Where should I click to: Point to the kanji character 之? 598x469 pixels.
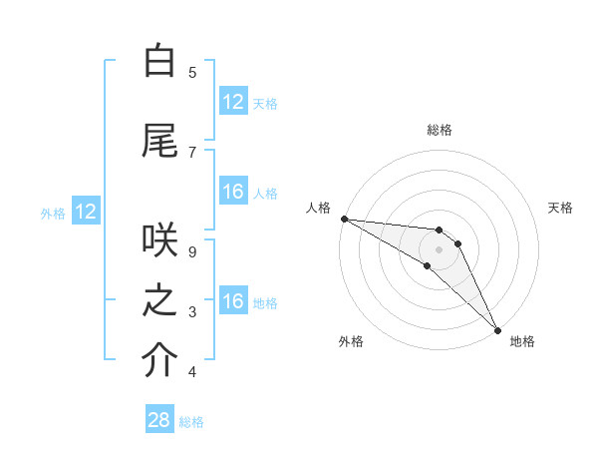[159, 302]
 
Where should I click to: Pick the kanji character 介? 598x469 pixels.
[159, 362]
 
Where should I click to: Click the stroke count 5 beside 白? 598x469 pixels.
[192, 72]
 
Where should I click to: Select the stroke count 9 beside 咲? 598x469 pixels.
[192, 252]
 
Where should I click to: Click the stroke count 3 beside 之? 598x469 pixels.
[192, 312]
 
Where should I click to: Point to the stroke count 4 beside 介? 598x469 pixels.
[192, 372]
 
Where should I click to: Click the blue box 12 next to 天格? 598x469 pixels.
[233, 102]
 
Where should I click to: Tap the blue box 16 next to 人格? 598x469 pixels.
[233, 192]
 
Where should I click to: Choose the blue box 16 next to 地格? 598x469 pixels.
[233, 301]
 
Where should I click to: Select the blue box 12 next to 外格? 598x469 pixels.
[85, 212]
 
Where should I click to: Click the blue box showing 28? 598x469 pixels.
[159, 420]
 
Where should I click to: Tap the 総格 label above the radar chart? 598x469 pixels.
[439, 130]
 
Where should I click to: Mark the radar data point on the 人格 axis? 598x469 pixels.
[344, 219]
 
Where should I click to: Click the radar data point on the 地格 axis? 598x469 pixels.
[497, 329]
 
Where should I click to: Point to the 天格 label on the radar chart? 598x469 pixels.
[561, 208]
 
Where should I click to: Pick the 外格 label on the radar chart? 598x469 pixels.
[351, 341]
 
